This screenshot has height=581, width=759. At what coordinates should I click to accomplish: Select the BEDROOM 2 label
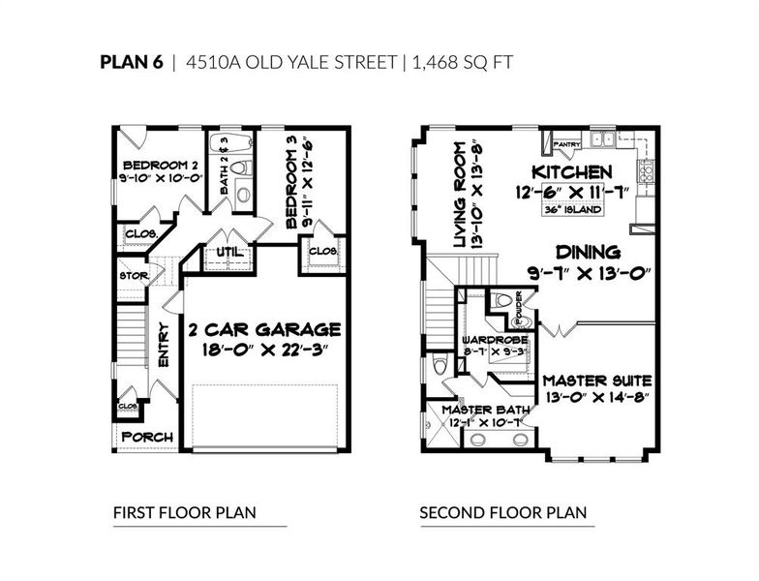pyautogui.click(x=147, y=163)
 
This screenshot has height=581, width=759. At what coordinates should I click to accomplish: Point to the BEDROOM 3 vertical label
pyautogui.click(x=293, y=182)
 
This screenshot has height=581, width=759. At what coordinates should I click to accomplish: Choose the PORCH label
pyautogui.click(x=148, y=437)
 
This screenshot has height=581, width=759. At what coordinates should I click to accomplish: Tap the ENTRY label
pyautogui.click(x=164, y=343)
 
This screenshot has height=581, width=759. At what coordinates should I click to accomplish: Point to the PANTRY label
pyautogui.click(x=566, y=145)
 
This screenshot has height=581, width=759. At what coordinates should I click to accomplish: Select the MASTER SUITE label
pyautogui.click(x=595, y=381)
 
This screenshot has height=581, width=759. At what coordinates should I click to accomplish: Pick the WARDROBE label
pyautogui.click(x=495, y=340)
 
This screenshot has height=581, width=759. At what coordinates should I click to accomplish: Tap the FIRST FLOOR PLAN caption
pyautogui.click(x=184, y=512)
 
